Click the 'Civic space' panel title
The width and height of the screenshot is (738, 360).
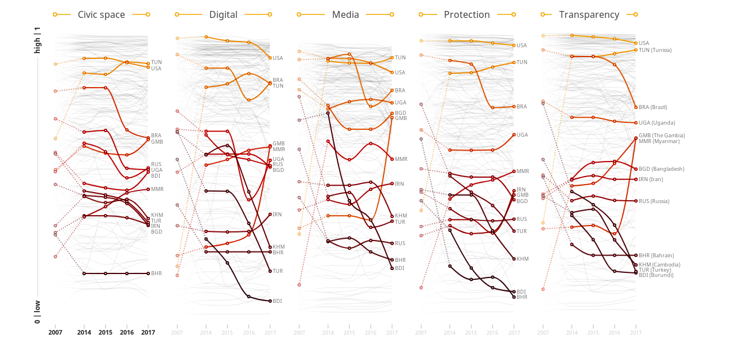click(x=101, y=15)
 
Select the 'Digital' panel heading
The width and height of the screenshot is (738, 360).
click(x=223, y=15)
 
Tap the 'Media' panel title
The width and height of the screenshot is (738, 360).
click(x=345, y=15)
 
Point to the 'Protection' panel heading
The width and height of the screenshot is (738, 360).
click(x=466, y=15)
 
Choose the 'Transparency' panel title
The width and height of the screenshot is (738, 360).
click(x=589, y=15)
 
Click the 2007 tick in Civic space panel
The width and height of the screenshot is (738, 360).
click(x=55, y=332)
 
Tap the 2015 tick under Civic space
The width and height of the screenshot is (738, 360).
click(x=106, y=332)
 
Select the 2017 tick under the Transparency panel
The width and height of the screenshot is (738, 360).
click(x=635, y=332)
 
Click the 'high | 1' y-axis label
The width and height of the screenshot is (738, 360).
click(x=37, y=40)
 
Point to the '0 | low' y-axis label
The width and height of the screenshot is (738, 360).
click(x=37, y=312)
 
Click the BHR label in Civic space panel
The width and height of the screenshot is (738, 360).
click(x=156, y=273)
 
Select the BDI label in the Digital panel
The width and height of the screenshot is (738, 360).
click(x=277, y=301)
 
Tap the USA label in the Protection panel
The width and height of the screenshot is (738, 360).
click(x=521, y=46)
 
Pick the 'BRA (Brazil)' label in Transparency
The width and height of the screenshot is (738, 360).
click(x=653, y=107)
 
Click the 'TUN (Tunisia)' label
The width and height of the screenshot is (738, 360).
click(x=655, y=50)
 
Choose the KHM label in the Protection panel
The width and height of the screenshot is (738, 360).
click(x=522, y=259)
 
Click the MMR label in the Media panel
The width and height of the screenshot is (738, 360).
click(x=401, y=159)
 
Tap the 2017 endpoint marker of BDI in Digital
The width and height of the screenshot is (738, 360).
click(x=270, y=301)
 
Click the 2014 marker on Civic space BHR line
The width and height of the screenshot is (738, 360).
click(x=84, y=273)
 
